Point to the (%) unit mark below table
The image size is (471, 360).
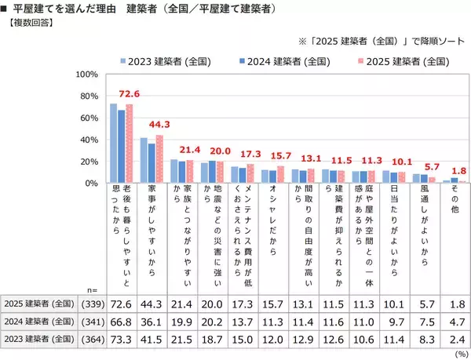tap(458, 354)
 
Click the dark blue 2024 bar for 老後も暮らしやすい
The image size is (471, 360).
tap(122, 147)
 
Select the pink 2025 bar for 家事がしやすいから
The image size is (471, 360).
tap(159, 159)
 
